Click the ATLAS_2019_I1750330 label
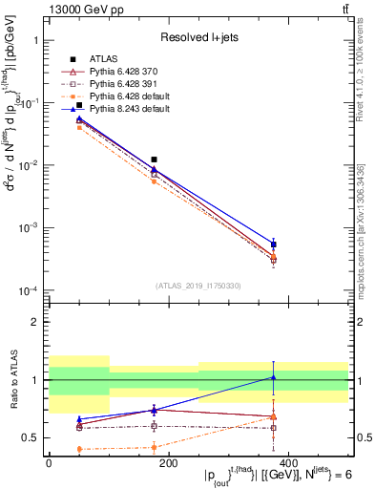198,285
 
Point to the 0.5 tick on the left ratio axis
31,437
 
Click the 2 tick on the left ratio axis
35,322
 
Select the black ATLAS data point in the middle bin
154,159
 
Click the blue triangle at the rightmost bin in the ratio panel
273,377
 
